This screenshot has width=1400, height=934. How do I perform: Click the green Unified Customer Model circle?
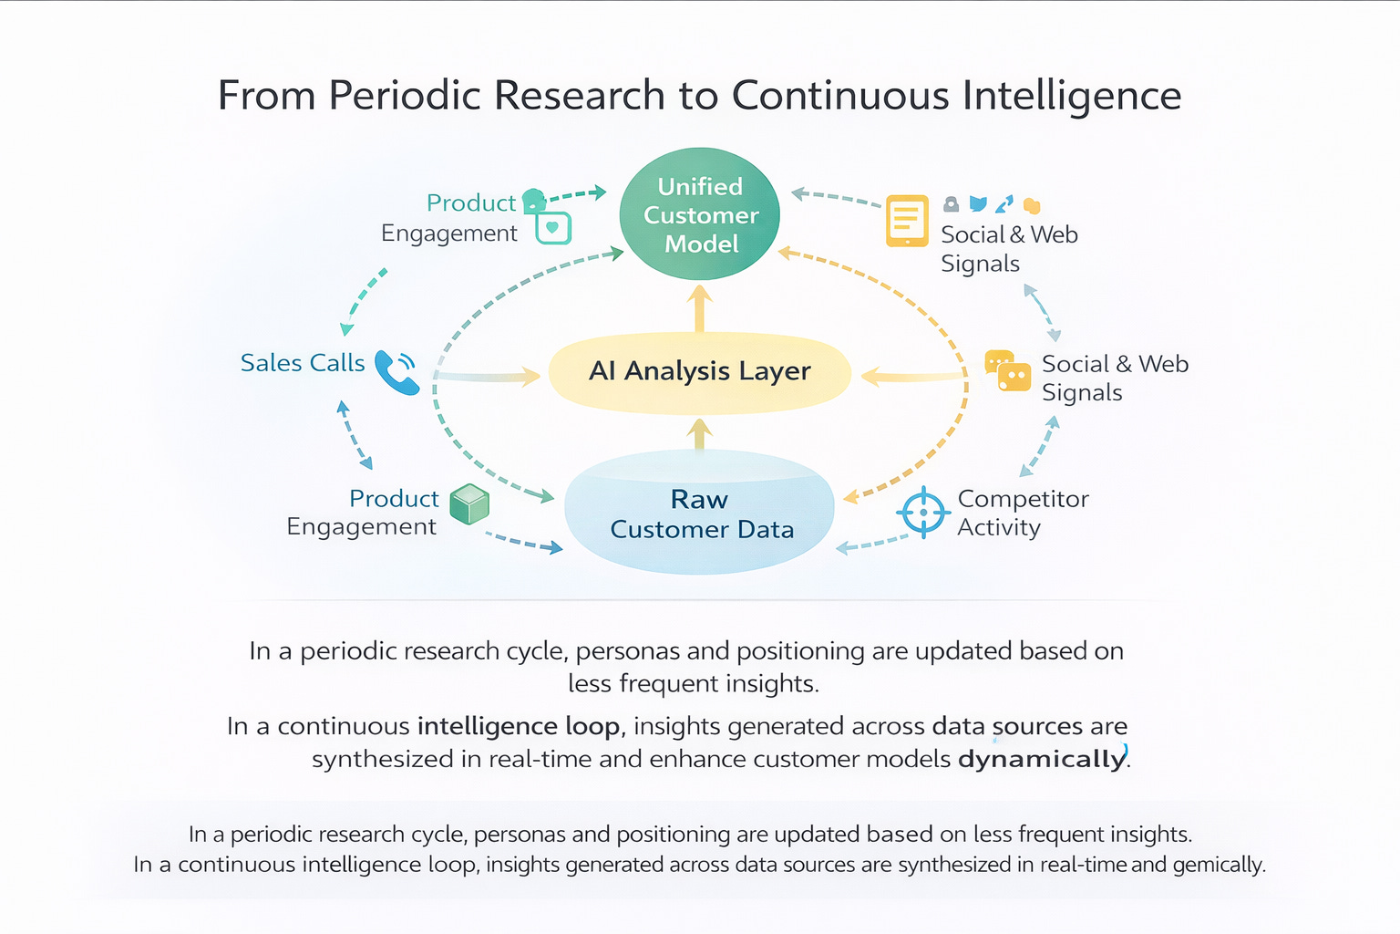[x=700, y=214]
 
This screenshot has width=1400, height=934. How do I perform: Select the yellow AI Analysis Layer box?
[x=700, y=372]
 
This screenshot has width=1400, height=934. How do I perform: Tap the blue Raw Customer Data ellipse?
[x=700, y=514]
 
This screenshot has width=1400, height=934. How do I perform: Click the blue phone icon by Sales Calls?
[x=396, y=372]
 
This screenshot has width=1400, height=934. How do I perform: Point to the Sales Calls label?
[x=303, y=363]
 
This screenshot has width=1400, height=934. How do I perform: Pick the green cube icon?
[x=470, y=503]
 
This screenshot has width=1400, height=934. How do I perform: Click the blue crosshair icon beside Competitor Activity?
[x=923, y=512]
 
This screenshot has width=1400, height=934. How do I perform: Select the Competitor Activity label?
[x=1023, y=513]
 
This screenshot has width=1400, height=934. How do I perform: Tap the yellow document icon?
[x=907, y=221]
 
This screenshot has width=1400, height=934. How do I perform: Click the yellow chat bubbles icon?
[x=1008, y=370]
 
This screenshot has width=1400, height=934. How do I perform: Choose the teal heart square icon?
[x=553, y=227]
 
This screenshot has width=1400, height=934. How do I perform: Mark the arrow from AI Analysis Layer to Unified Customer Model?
[x=700, y=308]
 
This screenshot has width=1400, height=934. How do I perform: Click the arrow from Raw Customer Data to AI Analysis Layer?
[x=700, y=434]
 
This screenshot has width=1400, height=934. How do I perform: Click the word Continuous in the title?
[x=840, y=96]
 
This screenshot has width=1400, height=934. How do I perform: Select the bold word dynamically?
[x=1042, y=759]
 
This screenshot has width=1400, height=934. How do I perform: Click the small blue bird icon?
[x=978, y=203]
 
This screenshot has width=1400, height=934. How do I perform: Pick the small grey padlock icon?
[x=951, y=203]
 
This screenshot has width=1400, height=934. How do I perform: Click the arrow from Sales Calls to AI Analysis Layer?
[x=488, y=376]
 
